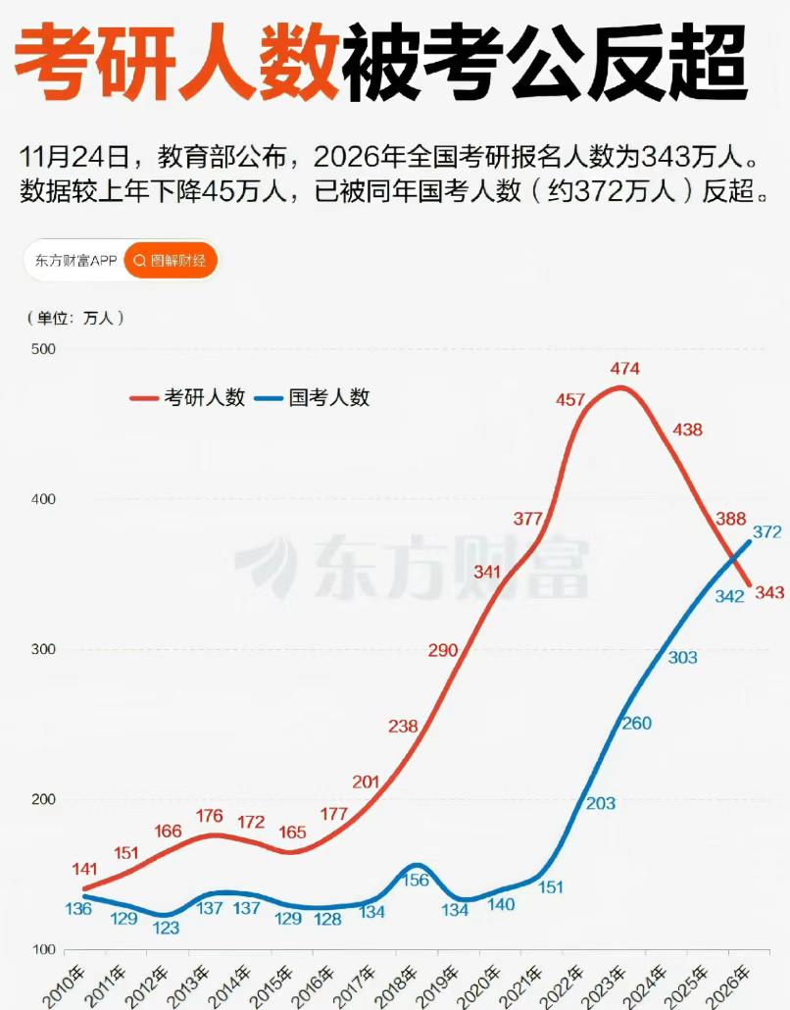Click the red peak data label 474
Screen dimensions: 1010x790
(x=624, y=369)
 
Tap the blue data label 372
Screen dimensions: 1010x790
(x=767, y=532)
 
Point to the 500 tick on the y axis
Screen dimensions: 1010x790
(x=44, y=349)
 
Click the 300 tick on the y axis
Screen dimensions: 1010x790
(x=44, y=649)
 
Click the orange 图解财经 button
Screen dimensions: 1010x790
(x=171, y=261)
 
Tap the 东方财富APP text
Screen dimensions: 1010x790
(x=75, y=261)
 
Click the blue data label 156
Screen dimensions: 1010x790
(x=415, y=880)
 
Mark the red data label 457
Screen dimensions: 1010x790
(x=569, y=400)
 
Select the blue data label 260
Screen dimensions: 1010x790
(x=636, y=724)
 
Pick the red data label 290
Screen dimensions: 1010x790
(x=443, y=650)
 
